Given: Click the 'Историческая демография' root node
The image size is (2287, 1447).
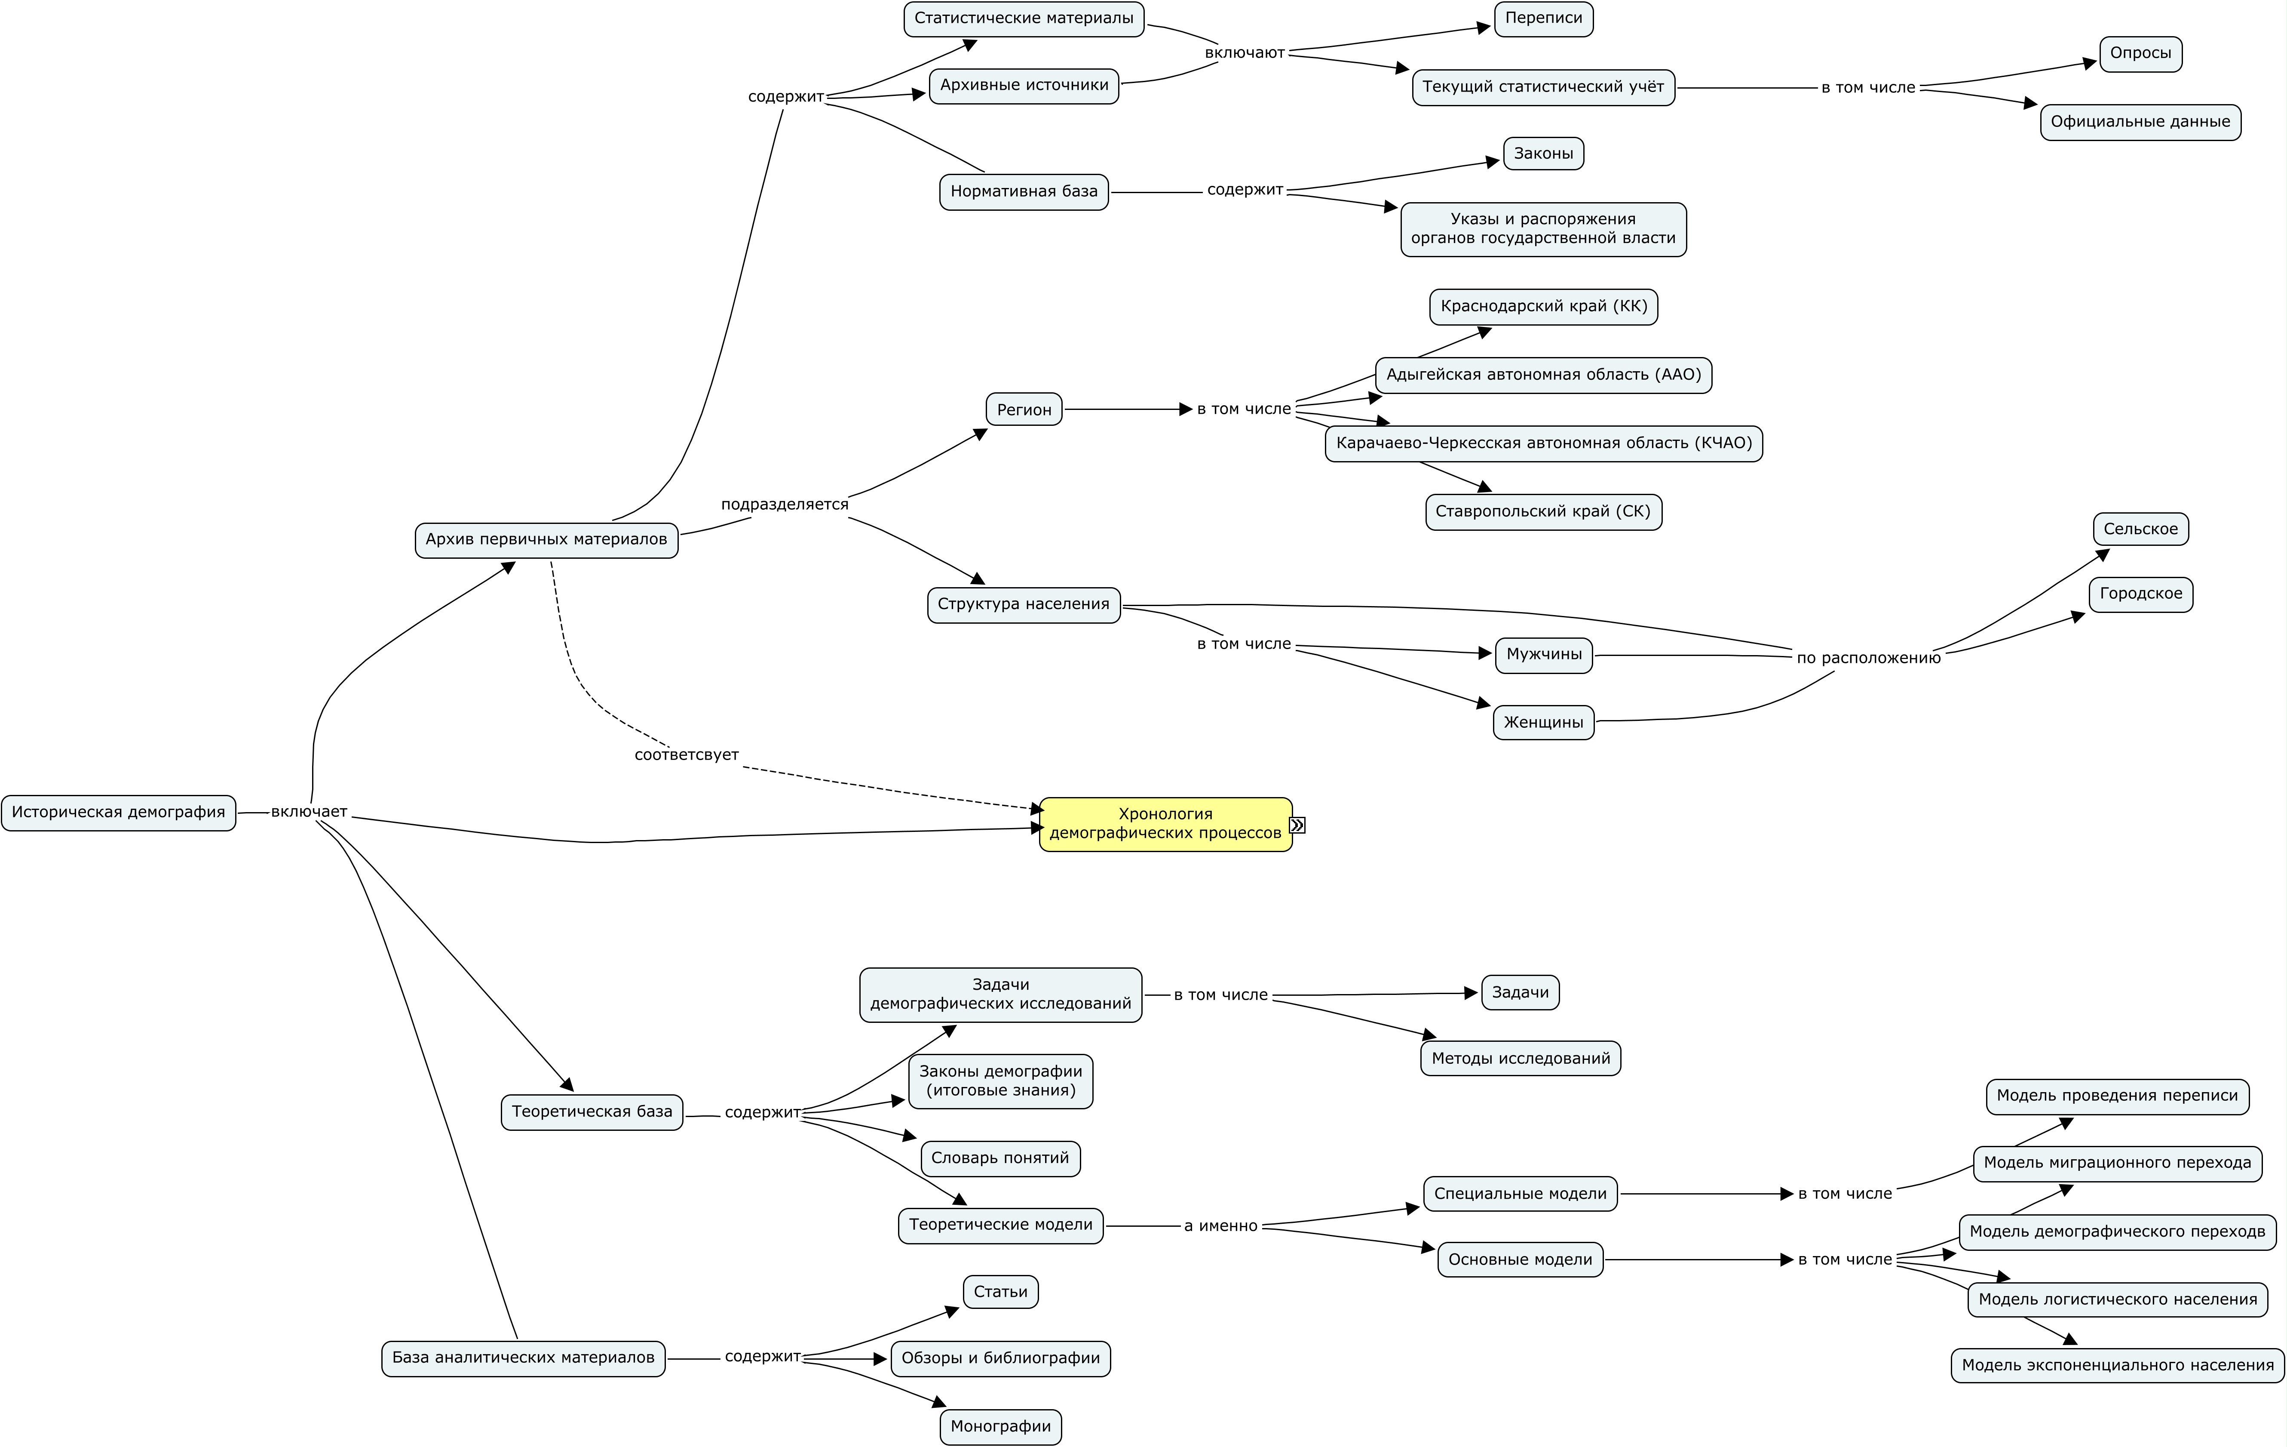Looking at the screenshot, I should pyautogui.click(x=119, y=813).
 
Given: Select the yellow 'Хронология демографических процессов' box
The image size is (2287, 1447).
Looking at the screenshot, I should pyautogui.click(x=1165, y=824).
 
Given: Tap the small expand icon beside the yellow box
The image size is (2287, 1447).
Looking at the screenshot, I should pyautogui.click(x=1297, y=825).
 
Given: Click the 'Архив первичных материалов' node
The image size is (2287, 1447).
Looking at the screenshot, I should pyautogui.click(x=546, y=540).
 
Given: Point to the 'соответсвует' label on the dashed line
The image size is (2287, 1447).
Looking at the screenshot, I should pyautogui.click(x=686, y=754).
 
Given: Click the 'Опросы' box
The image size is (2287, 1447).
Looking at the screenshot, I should pyautogui.click(x=2141, y=53).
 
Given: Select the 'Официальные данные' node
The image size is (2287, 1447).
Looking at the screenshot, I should pyautogui.click(x=2140, y=122).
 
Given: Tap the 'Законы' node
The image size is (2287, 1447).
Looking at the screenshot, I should pyautogui.click(x=1543, y=153).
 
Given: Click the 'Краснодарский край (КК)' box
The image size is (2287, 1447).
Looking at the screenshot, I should pyautogui.click(x=1543, y=306).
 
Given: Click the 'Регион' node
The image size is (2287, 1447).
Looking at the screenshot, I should pyautogui.click(x=1024, y=409).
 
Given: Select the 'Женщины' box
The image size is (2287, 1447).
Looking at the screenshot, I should pyautogui.click(x=1543, y=722).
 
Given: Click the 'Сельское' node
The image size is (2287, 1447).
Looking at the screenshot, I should pyautogui.click(x=2141, y=529).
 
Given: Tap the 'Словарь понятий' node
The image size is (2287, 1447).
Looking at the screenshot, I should pyautogui.click(x=1000, y=1158).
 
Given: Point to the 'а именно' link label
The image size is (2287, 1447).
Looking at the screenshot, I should pyautogui.click(x=1220, y=1225).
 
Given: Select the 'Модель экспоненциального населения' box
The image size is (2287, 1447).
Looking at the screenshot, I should pyautogui.click(x=2117, y=1365).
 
